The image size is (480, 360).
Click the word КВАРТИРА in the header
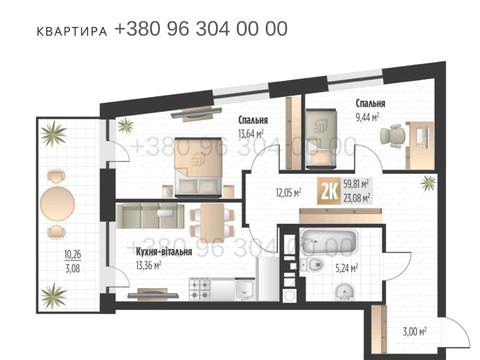point(71,31)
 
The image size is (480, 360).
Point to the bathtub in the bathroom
point(330,241)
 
